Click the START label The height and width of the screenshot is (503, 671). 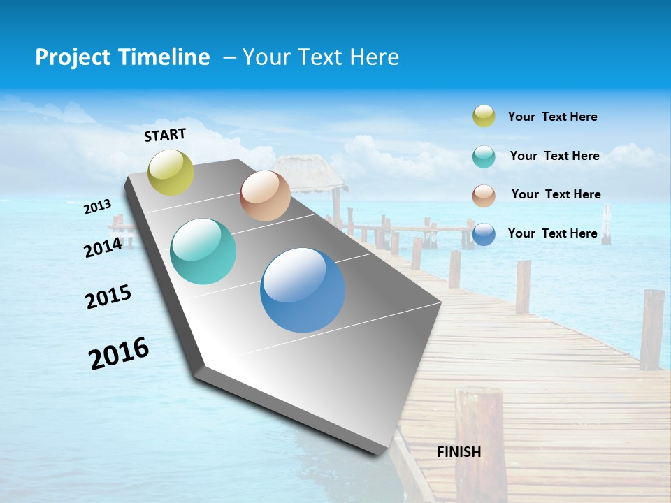pyautogui.click(x=165, y=135)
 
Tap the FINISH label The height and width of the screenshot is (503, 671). pyautogui.click(x=459, y=452)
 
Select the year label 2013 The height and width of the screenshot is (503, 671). pyautogui.click(x=98, y=207)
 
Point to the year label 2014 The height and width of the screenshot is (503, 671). pyautogui.click(x=103, y=247)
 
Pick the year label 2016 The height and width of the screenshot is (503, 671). pyautogui.click(x=119, y=353)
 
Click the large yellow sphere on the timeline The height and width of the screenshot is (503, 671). pyautogui.click(x=171, y=172)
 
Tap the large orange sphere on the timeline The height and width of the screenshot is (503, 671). pyautogui.click(x=265, y=196)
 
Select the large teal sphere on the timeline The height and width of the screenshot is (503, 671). pyautogui.click(x=203, y=251)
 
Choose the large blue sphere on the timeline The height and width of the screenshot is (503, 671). pyautogui.click(x=303, y=290)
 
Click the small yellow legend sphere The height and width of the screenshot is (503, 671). pyautogui.click(x=484, y=116)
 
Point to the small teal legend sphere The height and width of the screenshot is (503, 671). pyautogui.click(x=484, y=156)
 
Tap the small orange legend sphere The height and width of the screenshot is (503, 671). pyautogui.click(x=484, y=196)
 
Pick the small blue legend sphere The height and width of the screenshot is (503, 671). pyautogui.click(x=484, y=234)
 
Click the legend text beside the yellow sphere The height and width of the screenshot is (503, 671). pyautogui.click(x=552, y=117)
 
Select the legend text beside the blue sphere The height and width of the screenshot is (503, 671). pyautogui.click(x=552, y=233)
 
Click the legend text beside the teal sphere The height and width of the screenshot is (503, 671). pyautogui.click(x=554, y=156)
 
